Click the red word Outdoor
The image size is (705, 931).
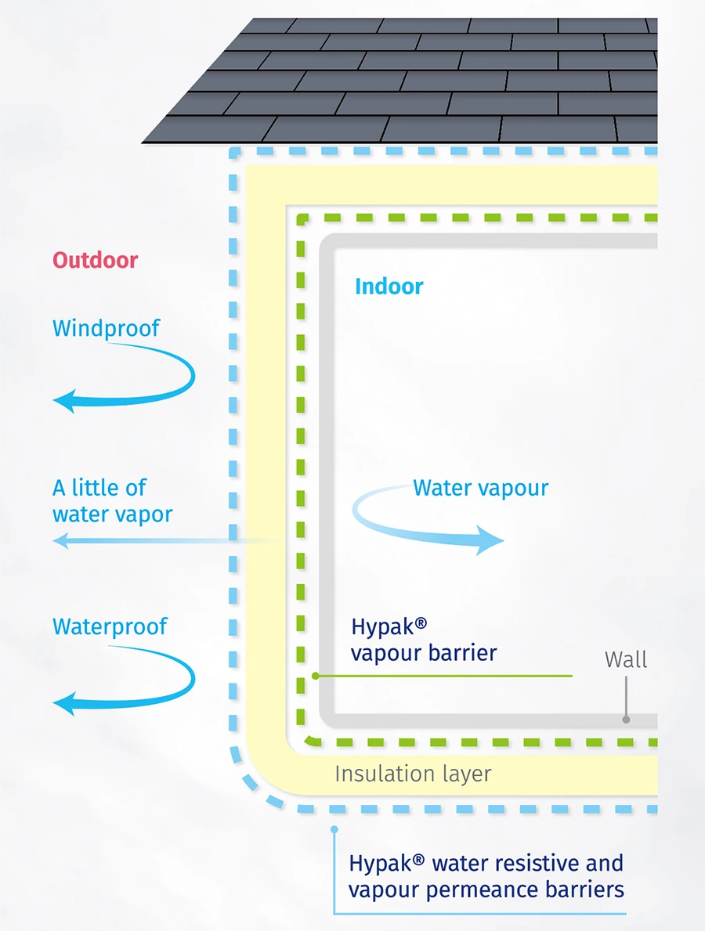tap(95, 260)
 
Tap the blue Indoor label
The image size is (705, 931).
tap(389, 286)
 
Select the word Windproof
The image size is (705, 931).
tap(106, 328)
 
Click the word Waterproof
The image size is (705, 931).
tap(110, 626)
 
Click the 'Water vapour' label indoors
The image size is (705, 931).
tap(480, 488)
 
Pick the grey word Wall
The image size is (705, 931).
tap(626, 659)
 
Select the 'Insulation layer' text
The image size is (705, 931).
tap(413, 774)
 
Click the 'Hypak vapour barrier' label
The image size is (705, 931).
tap(423, 640)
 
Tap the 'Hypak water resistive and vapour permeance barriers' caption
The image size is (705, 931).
tap(486, 876)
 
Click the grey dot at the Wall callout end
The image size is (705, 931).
tap(626, 719)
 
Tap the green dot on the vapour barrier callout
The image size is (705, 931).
tap(315, 675)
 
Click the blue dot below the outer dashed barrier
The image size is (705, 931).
tap(334, 828)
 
